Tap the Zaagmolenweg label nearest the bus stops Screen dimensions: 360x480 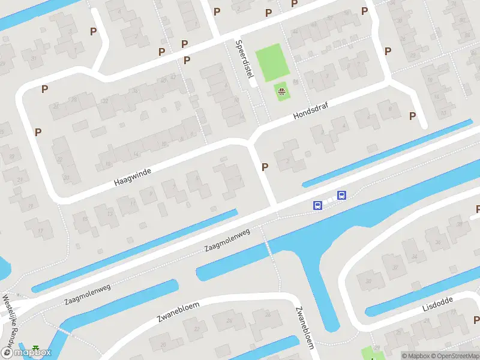226,239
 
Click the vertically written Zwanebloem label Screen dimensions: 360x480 304,328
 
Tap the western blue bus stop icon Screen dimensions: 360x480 317,205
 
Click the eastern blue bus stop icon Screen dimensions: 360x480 341,195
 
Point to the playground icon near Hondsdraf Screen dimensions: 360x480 281,92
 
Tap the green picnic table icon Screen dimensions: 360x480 37,349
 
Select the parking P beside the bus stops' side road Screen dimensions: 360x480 265,167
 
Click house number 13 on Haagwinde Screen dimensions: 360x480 110,214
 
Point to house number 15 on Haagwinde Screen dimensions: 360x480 85,219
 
